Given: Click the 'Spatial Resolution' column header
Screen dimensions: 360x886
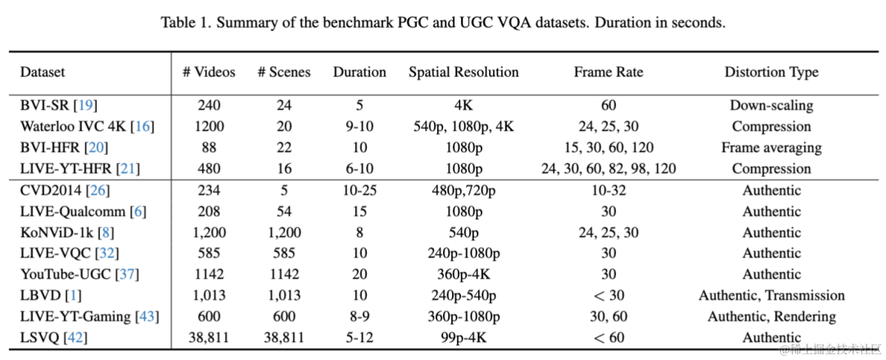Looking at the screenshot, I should (464, 72).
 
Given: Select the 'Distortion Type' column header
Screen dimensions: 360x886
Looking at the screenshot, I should (770, 72).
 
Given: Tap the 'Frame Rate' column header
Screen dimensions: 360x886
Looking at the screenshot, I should (608, 72).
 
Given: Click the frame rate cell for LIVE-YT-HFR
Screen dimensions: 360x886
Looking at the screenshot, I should (608, 169).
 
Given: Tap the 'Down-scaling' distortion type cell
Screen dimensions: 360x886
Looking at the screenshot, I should (771, 105).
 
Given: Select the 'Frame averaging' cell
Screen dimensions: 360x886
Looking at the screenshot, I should (771, 148).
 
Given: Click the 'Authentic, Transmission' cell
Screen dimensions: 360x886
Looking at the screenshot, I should (771, 295).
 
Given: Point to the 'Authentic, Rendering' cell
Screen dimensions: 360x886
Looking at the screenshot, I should (771, 317).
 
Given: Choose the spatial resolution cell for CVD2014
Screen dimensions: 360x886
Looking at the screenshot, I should (464, 190).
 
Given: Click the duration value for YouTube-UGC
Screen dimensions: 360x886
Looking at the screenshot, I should (359, 274).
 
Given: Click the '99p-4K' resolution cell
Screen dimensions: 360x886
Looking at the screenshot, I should (464, 338).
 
